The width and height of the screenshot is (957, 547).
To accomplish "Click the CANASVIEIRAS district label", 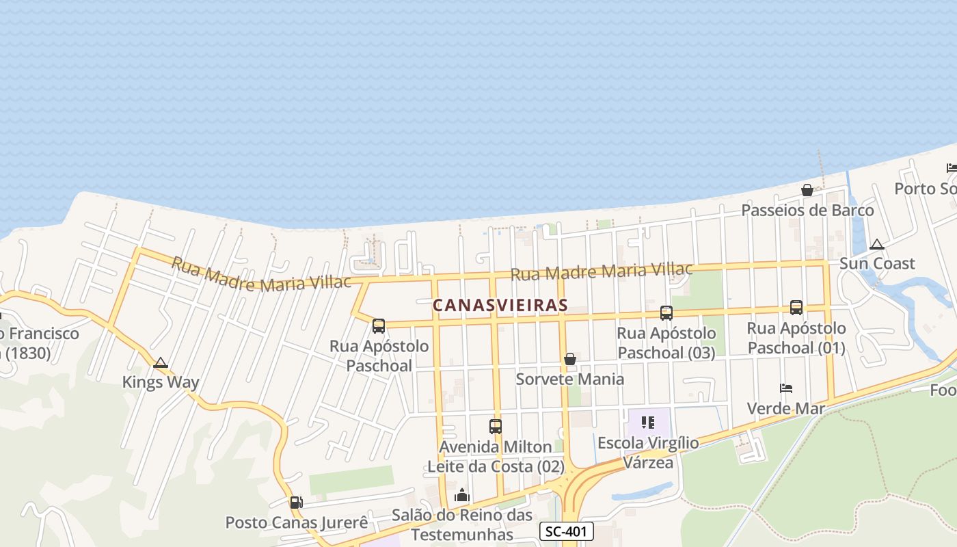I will (500, 305).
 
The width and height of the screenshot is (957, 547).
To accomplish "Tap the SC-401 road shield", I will (566, 531).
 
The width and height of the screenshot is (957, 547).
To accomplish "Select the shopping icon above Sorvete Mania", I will (570, 359).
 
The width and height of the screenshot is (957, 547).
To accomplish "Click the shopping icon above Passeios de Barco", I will (807, 189).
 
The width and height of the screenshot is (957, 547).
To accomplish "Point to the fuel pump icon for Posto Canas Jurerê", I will (296, 503).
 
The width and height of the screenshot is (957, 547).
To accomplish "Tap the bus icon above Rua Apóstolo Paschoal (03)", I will (666, 313).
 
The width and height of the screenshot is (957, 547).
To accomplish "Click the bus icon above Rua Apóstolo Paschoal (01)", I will (796, 308).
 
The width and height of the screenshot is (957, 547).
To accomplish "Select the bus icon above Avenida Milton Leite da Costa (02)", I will (496, 427).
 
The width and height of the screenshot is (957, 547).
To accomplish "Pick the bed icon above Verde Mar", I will (786, 388).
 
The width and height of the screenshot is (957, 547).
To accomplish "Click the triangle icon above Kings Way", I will (161, 363).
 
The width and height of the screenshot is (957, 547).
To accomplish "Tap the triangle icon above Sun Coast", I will (877, 244).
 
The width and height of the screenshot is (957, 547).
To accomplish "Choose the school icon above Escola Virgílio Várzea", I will (648, 423).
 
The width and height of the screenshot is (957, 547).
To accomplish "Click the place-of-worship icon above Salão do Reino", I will (463, 495).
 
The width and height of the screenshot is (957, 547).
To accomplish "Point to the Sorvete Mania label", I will (570, 379).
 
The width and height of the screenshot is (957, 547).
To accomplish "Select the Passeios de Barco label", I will (807, 210).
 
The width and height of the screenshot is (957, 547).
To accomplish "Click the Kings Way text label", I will (161, 382).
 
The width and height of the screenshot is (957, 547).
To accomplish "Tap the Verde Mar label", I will (786, 409).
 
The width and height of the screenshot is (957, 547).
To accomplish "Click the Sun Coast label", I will (877, 264).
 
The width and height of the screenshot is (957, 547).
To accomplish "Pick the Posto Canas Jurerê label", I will (297, 522).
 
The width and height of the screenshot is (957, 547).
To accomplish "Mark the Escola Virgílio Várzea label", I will (648, 453).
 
